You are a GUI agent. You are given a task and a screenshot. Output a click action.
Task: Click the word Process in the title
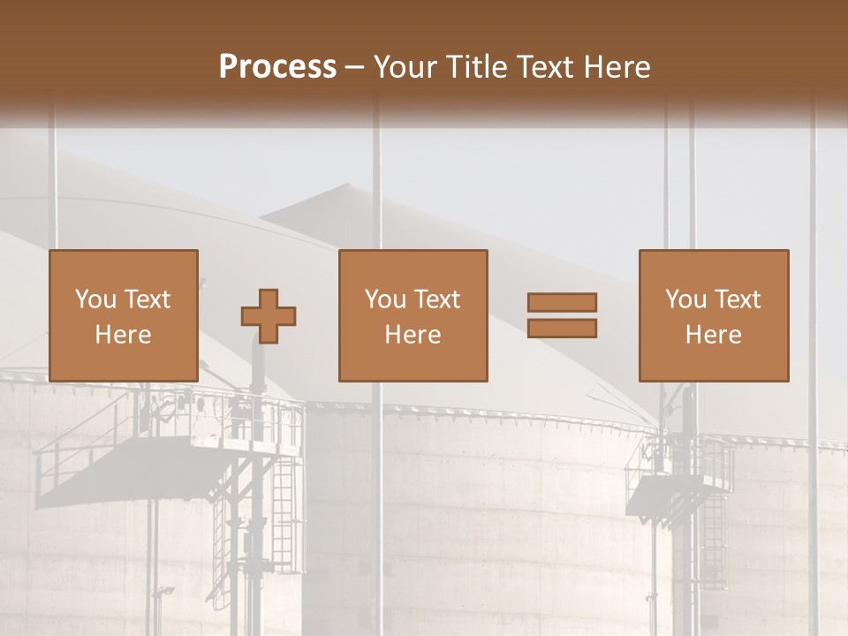point(277,67)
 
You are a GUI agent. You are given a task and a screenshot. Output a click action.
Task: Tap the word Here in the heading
point(616,67)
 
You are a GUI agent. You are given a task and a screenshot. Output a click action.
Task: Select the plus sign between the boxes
point(269,315)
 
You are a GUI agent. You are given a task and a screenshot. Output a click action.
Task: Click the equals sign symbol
point(562,315)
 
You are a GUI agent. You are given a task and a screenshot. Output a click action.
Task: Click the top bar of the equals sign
point(562,303)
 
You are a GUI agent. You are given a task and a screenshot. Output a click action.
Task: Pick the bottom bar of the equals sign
point(562,328)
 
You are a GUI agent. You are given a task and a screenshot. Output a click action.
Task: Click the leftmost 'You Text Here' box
point(124,315)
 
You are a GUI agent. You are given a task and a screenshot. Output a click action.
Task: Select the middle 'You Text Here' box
point(413,315)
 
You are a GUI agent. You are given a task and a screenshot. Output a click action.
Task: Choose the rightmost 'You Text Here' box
point(714,315)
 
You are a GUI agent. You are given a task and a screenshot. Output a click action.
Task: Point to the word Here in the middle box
point(413,335)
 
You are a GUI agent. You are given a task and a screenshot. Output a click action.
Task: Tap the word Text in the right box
point(737,299)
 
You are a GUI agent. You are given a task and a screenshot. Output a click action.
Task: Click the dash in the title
point(355,68)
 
